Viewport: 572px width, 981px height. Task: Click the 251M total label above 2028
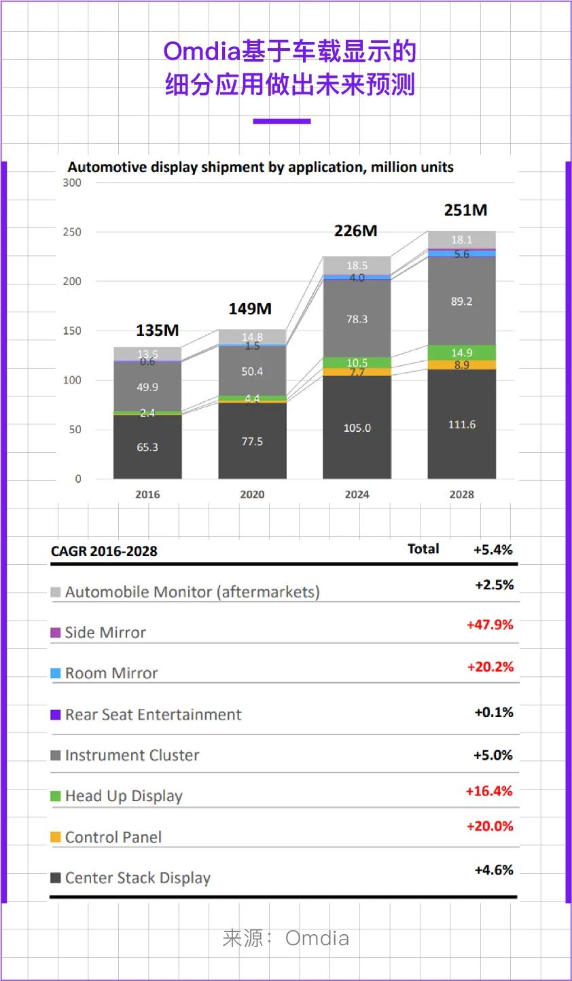pyautogui.click(x=465, y=210)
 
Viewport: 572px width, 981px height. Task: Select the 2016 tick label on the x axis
pyautogui.click(x=147, y=494)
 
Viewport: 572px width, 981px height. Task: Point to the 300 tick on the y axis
pyautogui.click(x=72, y=183)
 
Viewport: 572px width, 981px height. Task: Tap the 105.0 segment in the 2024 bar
pyautogui.click(x=357, y=428)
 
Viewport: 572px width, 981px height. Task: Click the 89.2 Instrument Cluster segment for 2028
pyautogui.click(x=461, y=301)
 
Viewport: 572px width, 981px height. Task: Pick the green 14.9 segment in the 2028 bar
pyautogui.click(x=461, y=352)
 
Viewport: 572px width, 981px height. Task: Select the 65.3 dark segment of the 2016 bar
pyautogui.click(x=147, y=447)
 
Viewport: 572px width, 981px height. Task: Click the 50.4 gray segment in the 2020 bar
pyautogui.click(x=252, y=371)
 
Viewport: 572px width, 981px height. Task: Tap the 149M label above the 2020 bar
pyautogui.click(x=250, y=309)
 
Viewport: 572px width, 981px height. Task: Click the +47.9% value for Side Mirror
pyautogui.click(x=490, y=625)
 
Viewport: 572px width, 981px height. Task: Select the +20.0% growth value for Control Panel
pyautogui.click(x=490, y=826)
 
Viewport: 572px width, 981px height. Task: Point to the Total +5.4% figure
pyautogui.click(x=493, y=550)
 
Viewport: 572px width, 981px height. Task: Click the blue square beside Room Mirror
pyautogui.click(x=56, y=673)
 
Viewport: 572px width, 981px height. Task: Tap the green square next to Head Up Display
pyautogui.click(x=56, y=796)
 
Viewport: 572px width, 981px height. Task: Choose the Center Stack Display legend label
pyautogui.click(x=138, y=878)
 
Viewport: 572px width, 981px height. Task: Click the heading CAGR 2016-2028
pyautogui.click(x=104, y=551)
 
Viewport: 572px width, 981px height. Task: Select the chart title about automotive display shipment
pyautogui.click(x=260, y=167)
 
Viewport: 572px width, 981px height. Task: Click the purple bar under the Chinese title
pyautogui.click(x=281, y=122)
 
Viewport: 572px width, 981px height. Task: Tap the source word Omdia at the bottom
pyautogui.click(x=317, y=938)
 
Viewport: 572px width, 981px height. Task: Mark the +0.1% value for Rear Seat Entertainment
pyautogui.click(x=494, y=712)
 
